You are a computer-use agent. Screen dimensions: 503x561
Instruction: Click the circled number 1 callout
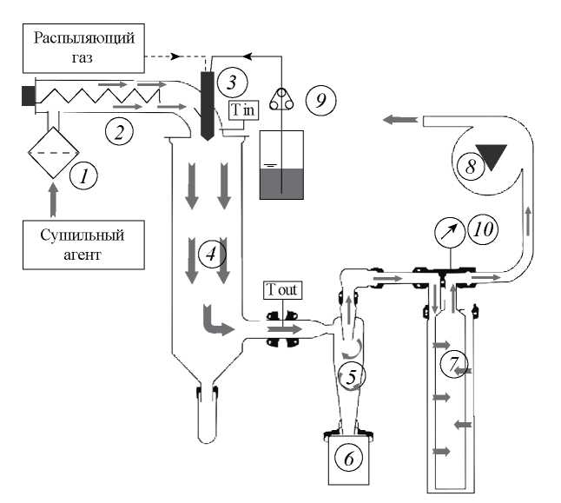pos(84,177)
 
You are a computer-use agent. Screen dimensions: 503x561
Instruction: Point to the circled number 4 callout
pos(209,254)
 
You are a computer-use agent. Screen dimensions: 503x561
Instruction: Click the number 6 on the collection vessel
pos(348,459)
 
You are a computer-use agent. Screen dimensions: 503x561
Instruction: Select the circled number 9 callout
pos(322,100)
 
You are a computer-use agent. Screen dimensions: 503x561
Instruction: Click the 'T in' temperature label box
pos(242,109)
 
